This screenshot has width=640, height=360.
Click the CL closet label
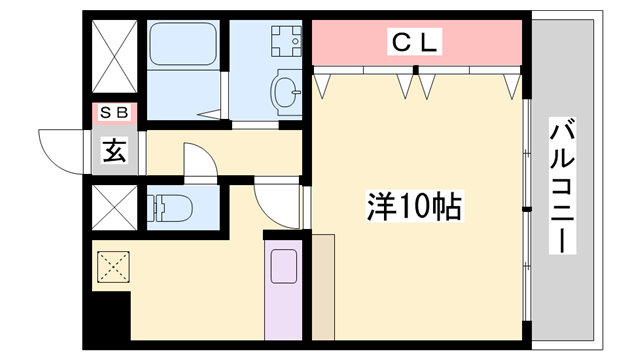coord(415,42)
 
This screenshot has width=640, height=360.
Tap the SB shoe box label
coord(114,112)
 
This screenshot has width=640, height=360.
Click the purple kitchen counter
coord(283,290)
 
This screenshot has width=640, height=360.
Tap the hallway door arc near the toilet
coord(198,161)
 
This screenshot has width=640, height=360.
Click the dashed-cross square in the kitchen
coord(113,267)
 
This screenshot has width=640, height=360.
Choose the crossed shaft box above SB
coord(113,58)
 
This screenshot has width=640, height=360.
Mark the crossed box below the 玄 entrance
coord(113,207)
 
